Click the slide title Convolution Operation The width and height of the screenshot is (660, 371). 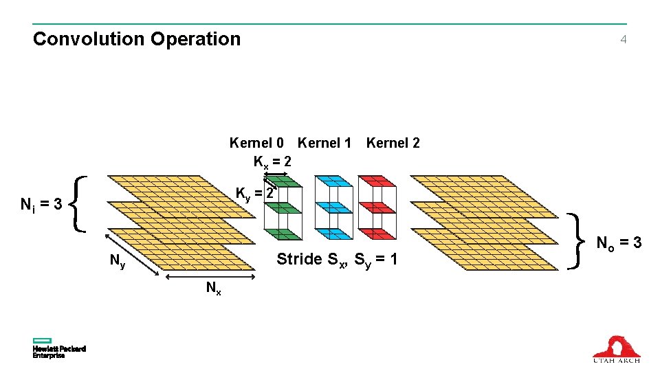coord(137,39)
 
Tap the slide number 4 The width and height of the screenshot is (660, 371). coord(623,40)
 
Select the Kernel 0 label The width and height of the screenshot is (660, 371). coord(256,143)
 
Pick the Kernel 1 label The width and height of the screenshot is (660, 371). coord(324,143)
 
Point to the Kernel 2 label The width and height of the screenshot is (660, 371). coord(393,143)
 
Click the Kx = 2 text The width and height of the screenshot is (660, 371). coord(272,162)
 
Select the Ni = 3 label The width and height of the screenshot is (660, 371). coord(41,204)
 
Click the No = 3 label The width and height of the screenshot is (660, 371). coord(619,243)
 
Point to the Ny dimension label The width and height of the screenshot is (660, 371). coord(118,261)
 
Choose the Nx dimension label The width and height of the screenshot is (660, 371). coord(214,289)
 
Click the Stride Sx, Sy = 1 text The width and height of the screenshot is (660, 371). coord(336,260)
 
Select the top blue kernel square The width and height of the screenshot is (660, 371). coord(333,181)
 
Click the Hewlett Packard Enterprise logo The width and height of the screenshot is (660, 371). coord(58,348)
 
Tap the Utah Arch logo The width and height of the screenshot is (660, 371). coord(616,348)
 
